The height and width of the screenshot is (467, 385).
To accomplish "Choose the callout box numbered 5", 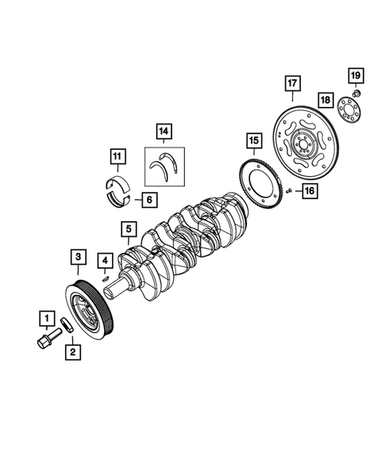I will click(128, 230).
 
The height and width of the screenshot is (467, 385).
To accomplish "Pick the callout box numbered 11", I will click(116, 156).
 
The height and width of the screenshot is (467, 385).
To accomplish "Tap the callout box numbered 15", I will click(252, 142).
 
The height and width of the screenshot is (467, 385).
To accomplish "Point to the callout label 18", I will click(325, 100).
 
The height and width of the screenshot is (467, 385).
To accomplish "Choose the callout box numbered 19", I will click(355, 75).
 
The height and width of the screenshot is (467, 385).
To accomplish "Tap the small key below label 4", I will click(106, 277).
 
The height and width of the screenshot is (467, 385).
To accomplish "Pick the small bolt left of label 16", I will click(291, 190).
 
